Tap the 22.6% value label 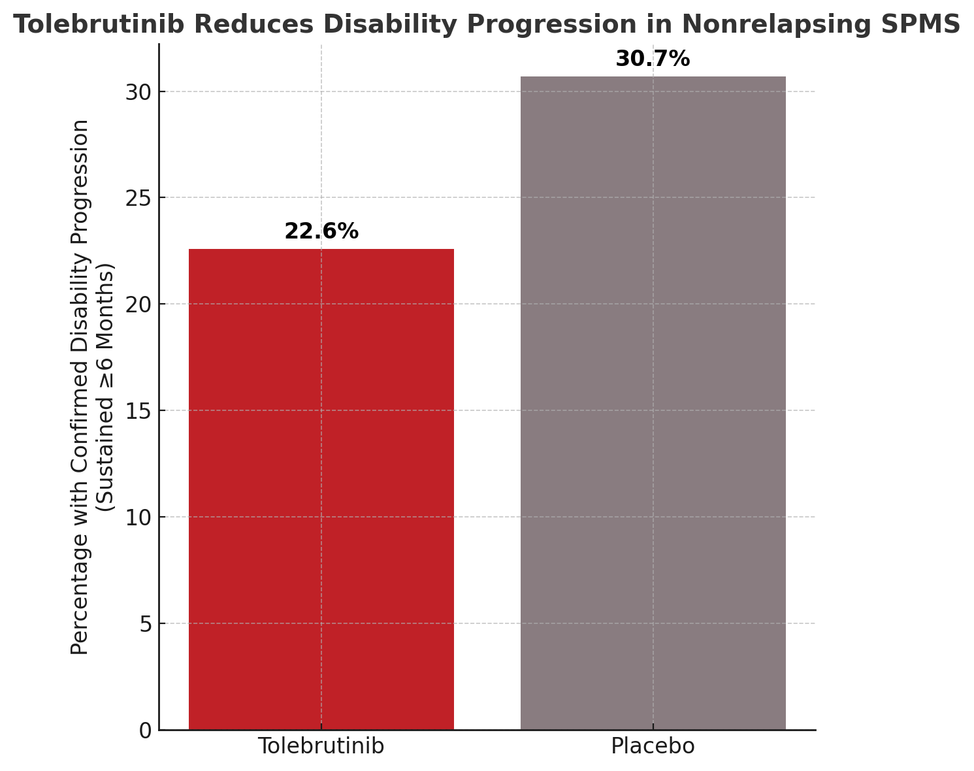[x=321, y=231]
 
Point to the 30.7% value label [x=653, y=59]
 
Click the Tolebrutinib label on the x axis [x=321, y=746]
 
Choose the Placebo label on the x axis [x=653, y=746]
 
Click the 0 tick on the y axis [x=145, y=730]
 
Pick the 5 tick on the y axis [x=145, y=624]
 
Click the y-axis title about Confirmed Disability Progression [x=91, y=387]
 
